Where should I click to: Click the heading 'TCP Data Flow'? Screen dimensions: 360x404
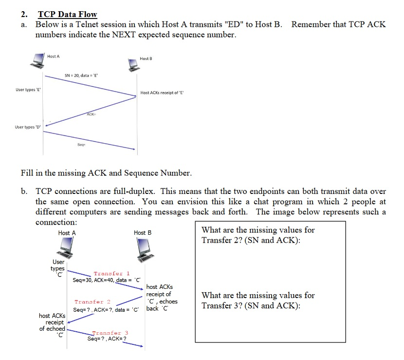click(68, 15)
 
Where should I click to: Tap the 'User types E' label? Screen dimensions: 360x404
click(28, 91)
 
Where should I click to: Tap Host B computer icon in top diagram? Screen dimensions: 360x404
click(132, 64)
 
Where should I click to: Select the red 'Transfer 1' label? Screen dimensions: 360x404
click(111, 274)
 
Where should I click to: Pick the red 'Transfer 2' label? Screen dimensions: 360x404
click(92, 302)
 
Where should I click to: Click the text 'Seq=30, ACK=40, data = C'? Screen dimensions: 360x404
click(107, 280)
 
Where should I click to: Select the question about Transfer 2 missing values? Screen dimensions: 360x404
click(258, 235)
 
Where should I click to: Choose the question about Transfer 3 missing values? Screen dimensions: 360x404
click(258, 301)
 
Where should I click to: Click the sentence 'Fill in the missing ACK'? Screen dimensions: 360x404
click(106, 173)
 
